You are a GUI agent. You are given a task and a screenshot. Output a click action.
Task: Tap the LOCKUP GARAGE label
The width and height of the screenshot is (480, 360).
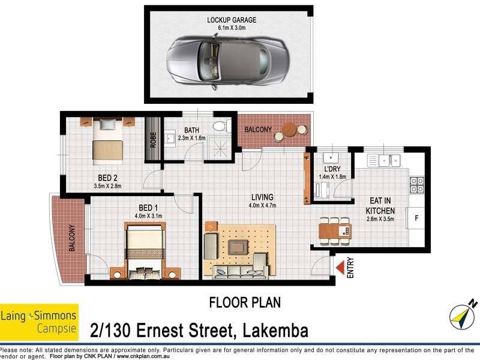228,20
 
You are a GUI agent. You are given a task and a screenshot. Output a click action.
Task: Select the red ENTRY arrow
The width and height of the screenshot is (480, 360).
341,268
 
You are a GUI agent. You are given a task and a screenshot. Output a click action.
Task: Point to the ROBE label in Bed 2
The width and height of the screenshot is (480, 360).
154,139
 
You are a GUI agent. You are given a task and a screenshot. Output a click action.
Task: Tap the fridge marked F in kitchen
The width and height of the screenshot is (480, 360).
415,218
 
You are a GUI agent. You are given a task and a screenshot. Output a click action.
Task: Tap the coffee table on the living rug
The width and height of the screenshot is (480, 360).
239,247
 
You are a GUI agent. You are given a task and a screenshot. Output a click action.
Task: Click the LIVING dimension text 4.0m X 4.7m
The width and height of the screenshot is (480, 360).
262,206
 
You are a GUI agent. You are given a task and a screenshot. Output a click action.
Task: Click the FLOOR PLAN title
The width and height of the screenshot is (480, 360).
244,302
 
